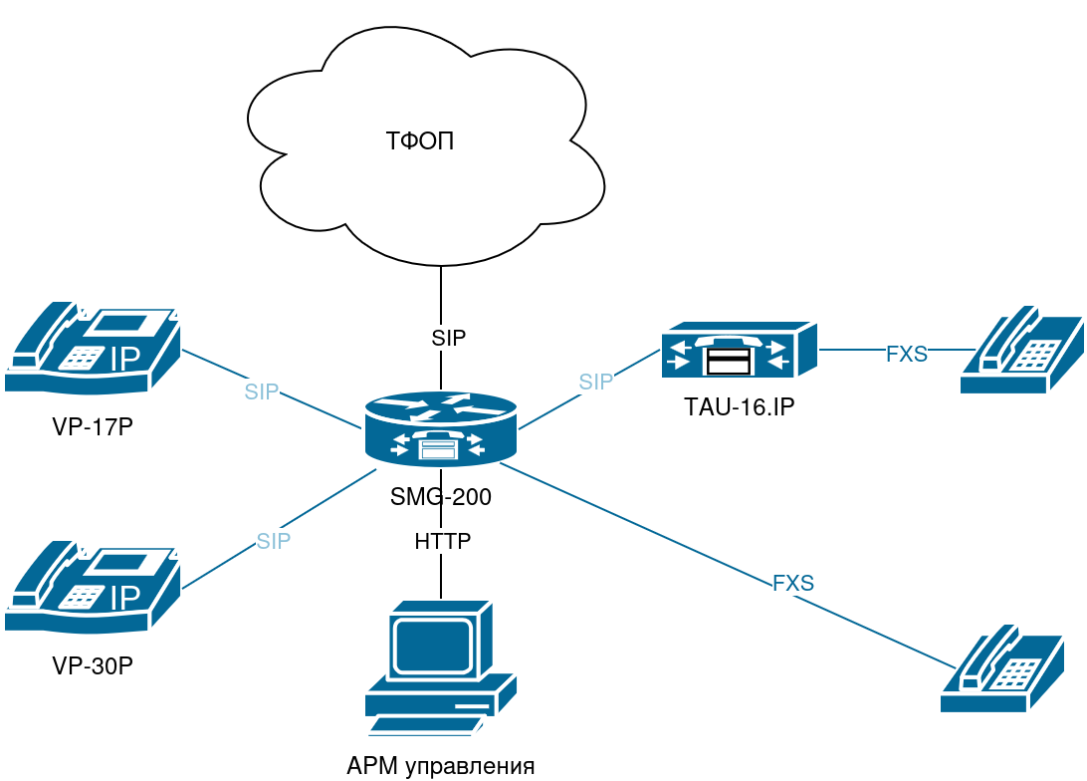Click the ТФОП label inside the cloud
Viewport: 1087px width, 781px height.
(x=420, y=140)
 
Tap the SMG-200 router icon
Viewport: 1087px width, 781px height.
(x=440, y=429)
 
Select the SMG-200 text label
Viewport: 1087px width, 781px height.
(x=441, y=496)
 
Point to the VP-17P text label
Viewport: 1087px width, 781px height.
(x=93, y=427)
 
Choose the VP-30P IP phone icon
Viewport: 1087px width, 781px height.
(x=93, y=588)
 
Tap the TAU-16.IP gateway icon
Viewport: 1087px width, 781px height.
(x=739, y=350)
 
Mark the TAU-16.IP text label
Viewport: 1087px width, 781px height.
(x=739, y=406)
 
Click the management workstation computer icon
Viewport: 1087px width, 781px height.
(x=440, y=667)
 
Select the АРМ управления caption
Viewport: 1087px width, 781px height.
(x=441, y=766)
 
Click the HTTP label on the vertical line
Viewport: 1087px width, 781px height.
(x=442, y=542)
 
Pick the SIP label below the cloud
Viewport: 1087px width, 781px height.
(x=449, y=338)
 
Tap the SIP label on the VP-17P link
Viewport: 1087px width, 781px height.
(x=262, y=391)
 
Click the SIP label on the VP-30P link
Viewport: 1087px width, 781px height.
(x=274, y=541)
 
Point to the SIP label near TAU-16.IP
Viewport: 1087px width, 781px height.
(x=596, y=382)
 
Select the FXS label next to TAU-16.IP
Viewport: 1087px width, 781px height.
(x=907, y=354)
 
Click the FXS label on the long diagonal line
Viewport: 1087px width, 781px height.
(x=793, y=584)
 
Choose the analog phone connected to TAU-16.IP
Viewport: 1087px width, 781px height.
(x=1020, y=351)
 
